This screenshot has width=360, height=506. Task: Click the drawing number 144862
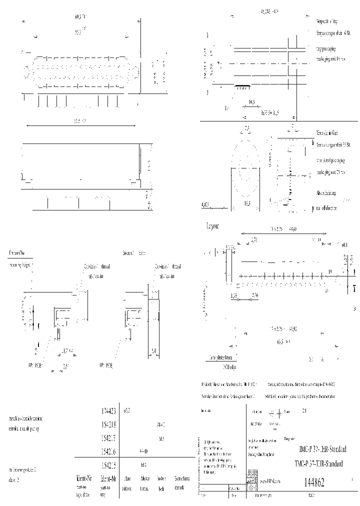pos(314,482)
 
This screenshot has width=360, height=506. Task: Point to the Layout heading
pos(213,226)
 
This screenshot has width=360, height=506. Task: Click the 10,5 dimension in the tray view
pos(251,102)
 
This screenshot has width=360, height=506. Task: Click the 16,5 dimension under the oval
pos(246,203)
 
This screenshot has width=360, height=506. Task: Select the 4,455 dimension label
pos(206,205)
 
